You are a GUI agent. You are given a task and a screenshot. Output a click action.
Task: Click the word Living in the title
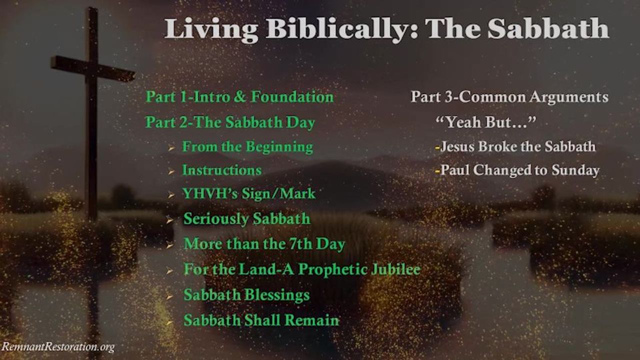coord(211,29)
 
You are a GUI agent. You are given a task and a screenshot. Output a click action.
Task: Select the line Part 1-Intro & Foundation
coord(239,97)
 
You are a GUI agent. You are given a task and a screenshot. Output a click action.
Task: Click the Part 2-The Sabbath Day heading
coord(230,122)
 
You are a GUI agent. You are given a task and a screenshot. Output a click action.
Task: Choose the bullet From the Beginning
coord(247,147)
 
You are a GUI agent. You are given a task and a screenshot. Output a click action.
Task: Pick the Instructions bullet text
coord(222,170)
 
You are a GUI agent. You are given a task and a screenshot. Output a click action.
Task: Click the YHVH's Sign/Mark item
coord(249,193)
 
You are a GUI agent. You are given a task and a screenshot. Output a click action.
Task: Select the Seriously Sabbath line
coord(247,219)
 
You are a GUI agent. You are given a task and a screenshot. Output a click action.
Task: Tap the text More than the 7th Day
coord(264,244)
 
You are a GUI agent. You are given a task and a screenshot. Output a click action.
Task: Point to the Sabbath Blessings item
coord(246,295)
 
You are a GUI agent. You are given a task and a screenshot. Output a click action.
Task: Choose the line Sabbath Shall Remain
coord(261,320)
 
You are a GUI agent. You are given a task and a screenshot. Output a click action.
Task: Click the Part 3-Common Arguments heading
coord(509,97)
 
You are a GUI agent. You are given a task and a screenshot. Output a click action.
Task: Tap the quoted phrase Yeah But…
coord(485,122)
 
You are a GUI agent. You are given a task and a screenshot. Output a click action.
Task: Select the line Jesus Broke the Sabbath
coord(515,146)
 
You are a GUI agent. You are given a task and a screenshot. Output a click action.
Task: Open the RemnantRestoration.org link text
coord(58,347)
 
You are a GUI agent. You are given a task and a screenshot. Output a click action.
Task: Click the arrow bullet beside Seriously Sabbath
coord(170,220)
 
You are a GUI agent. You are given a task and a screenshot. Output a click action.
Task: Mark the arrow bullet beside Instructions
coord(171,171)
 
